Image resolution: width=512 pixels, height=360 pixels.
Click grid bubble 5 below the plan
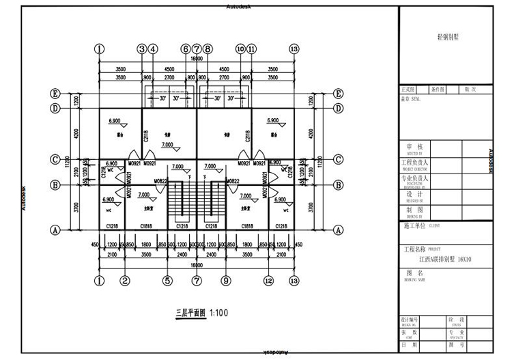pos(167,280)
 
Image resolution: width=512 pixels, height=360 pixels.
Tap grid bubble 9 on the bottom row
pos(226,280)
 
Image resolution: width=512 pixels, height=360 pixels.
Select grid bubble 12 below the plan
pos(269,280)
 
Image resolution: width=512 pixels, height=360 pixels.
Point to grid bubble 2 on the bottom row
pos(125,280)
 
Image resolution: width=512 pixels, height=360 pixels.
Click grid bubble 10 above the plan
pos(240,49)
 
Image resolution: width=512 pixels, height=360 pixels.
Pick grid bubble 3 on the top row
pos(142,49)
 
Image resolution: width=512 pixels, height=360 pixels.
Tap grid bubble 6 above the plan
pos(185,49)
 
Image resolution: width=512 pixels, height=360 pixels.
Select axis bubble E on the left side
pos(55,94)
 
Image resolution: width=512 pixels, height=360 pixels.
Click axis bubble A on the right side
pos(338,230)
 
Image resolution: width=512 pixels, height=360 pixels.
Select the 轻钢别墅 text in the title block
pos(448,38)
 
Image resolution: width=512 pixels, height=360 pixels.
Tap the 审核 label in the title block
pos(414,147)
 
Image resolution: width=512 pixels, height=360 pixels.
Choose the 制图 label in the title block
pos(414,210)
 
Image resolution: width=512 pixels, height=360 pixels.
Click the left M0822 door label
pos(161,181)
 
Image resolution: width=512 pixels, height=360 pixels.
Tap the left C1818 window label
pos(146,225)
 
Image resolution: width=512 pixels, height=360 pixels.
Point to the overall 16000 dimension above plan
pos(197,59)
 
